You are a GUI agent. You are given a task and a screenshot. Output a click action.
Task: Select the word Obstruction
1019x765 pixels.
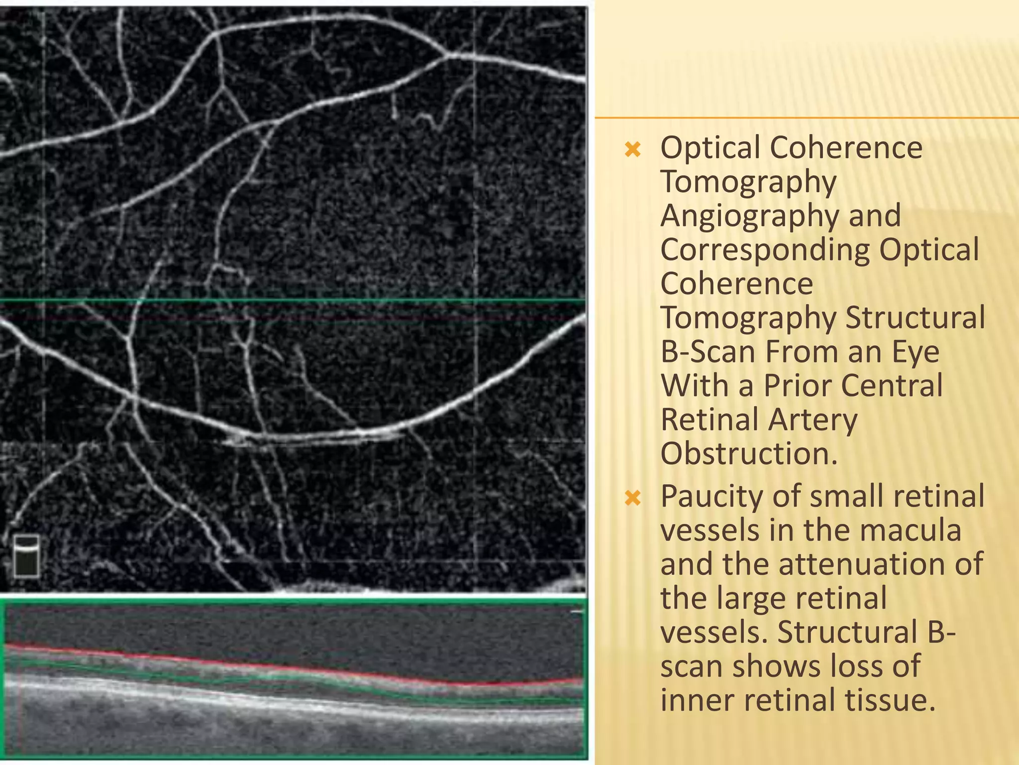click(x=749, y=454)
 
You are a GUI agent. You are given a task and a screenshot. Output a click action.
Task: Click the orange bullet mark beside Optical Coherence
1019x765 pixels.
click(x=632, y=149)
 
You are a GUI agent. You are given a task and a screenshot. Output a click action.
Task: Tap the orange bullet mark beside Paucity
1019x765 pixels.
click(x=632, y=498)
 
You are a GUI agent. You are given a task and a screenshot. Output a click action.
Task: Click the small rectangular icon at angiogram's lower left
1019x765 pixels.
click(x=26, y=556)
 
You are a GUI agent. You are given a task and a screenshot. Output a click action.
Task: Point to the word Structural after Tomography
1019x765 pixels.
click(x=915, y=318)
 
